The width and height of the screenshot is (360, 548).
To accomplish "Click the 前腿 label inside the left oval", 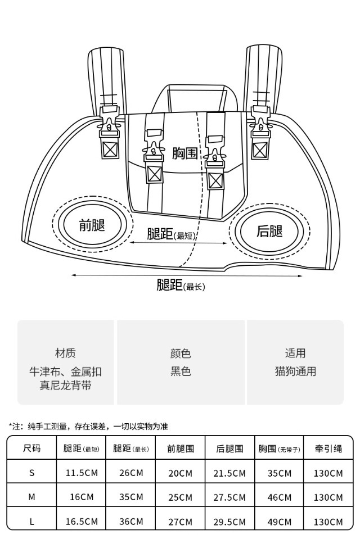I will click(x=92, y=225).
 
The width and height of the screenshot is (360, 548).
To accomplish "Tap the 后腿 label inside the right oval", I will click(x=269, y=231).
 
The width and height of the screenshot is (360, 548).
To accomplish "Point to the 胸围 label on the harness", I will click(x=184, y=153).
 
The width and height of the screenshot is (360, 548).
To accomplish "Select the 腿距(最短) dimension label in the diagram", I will click(x=171, y=234).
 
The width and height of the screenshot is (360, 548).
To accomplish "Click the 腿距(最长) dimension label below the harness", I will click(x=181, y=286).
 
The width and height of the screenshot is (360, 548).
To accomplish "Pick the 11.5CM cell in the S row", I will click(x=82, y=473).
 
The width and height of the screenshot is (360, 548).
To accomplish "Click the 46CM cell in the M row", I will click(x=280, y=497).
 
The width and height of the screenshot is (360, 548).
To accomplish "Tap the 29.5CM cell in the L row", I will click(x=229, y=522).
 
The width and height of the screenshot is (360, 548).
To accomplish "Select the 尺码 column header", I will click(x=31, y=449).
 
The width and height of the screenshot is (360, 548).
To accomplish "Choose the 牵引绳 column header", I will click(x=328, y=449).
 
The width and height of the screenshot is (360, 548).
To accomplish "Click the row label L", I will click(x=31, y=522).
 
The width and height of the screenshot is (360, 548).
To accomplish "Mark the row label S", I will click(x=31, y=473).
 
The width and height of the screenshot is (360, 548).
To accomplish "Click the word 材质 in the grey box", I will click(x=65, y=354).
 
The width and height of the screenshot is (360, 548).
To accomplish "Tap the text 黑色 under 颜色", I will click(x=181, y=372).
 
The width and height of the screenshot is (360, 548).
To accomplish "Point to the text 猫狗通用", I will click(x=295, y=372).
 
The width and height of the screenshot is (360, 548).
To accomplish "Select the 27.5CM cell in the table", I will click(x=229, y=497).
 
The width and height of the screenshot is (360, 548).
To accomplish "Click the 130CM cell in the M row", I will click(x=328, y=497).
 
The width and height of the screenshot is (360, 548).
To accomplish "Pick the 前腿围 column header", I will click(x=181, y=449).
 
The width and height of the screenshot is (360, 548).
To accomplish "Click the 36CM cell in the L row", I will click(x=131, y=522).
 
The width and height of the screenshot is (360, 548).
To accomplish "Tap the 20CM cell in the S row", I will click(x=181, y=473).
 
